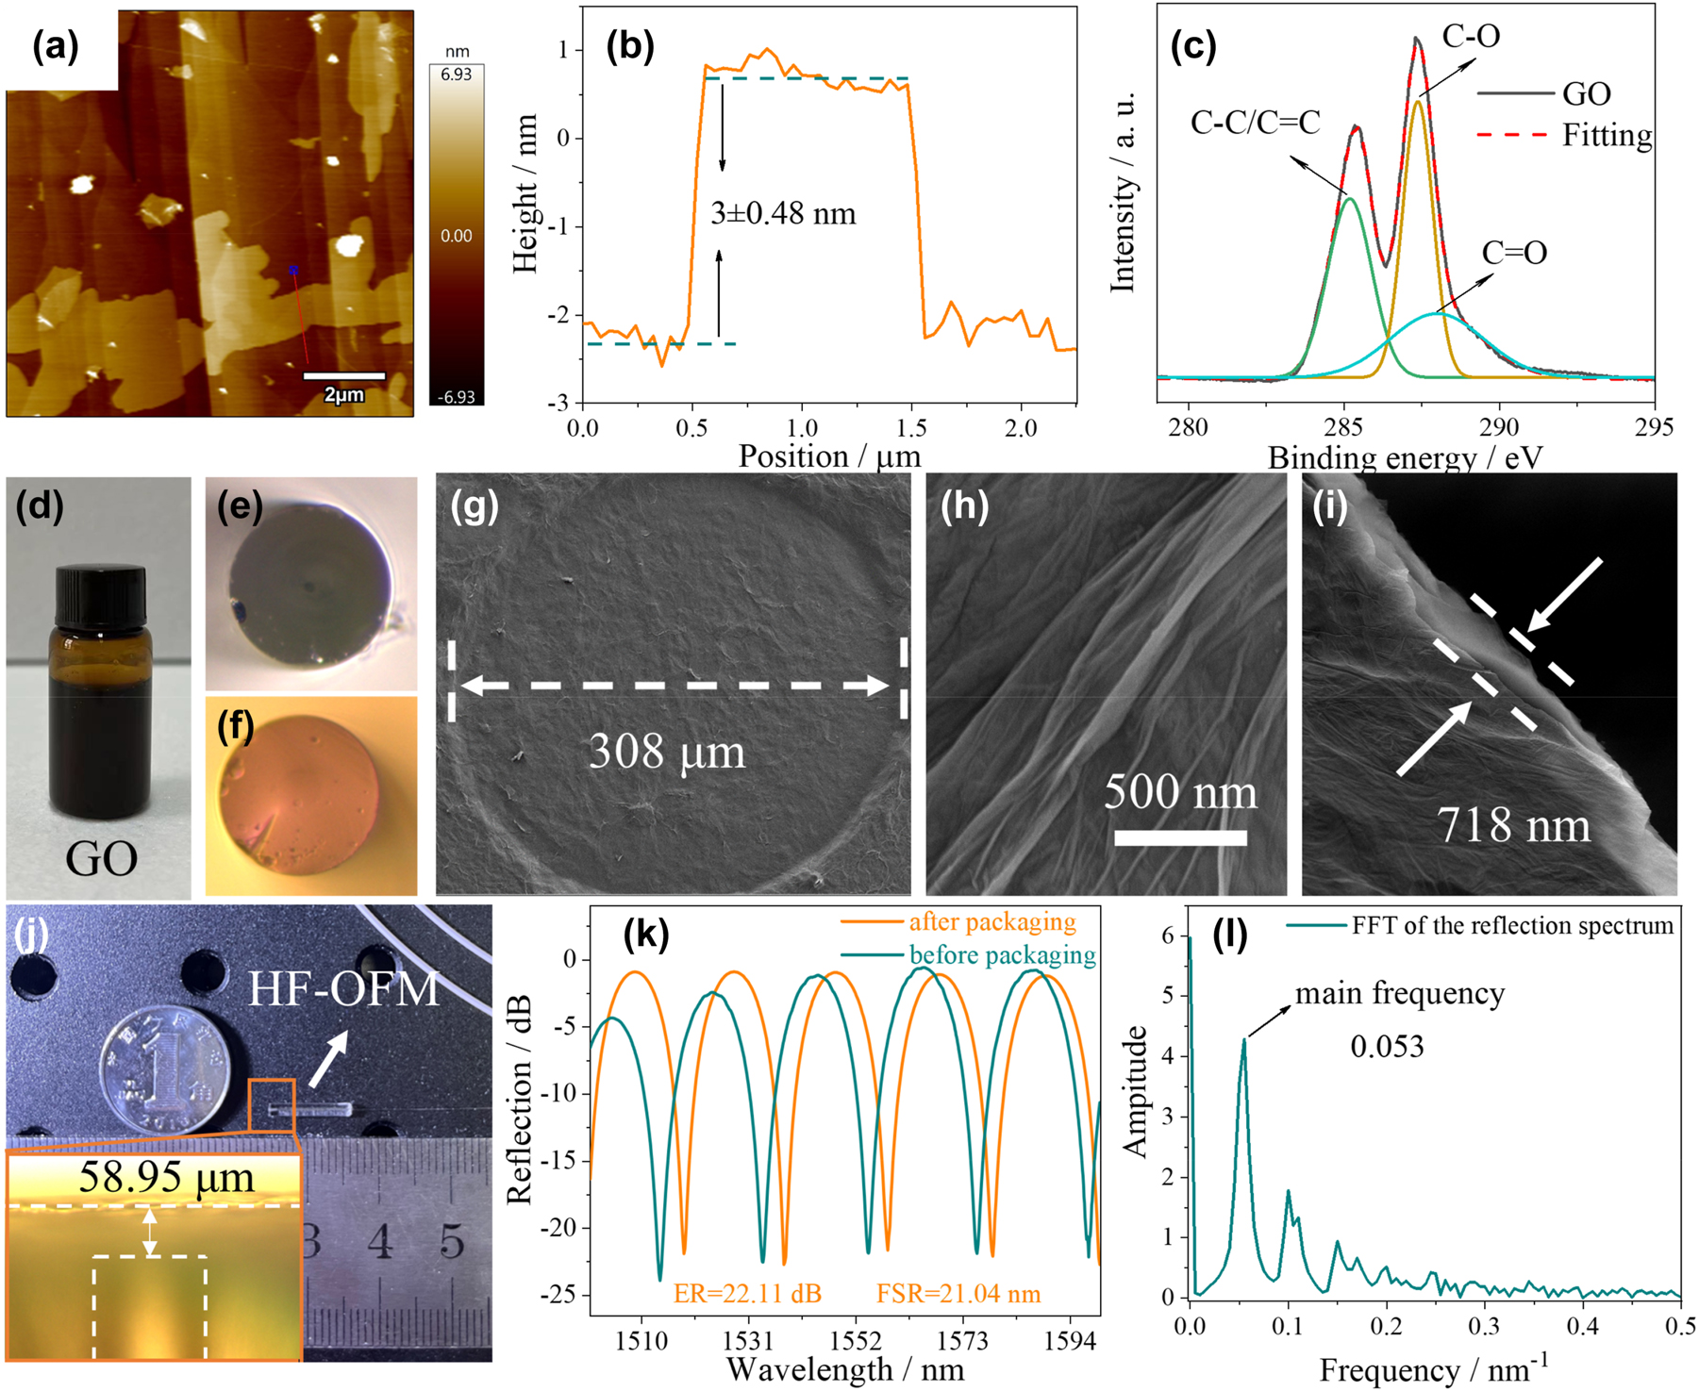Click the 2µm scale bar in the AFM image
click(343, 376)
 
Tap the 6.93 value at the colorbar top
click(456, 74)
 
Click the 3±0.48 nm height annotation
click(783, 214)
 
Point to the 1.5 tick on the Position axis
click(910, 428)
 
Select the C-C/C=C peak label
click(1255, 123)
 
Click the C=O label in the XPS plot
click(1514, 253)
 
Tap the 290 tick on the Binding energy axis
click(1499, 427)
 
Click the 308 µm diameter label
click(667, 752)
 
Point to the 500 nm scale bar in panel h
click(1180, 836)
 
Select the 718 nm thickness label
click(1513, 825)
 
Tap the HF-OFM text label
click(344, 989)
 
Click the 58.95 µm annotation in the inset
click(166, 1177)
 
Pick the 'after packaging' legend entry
click(991, 921)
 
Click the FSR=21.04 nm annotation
click(958, 1293)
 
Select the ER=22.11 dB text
click(747, 1293)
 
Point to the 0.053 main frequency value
click(1387, 1047)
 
